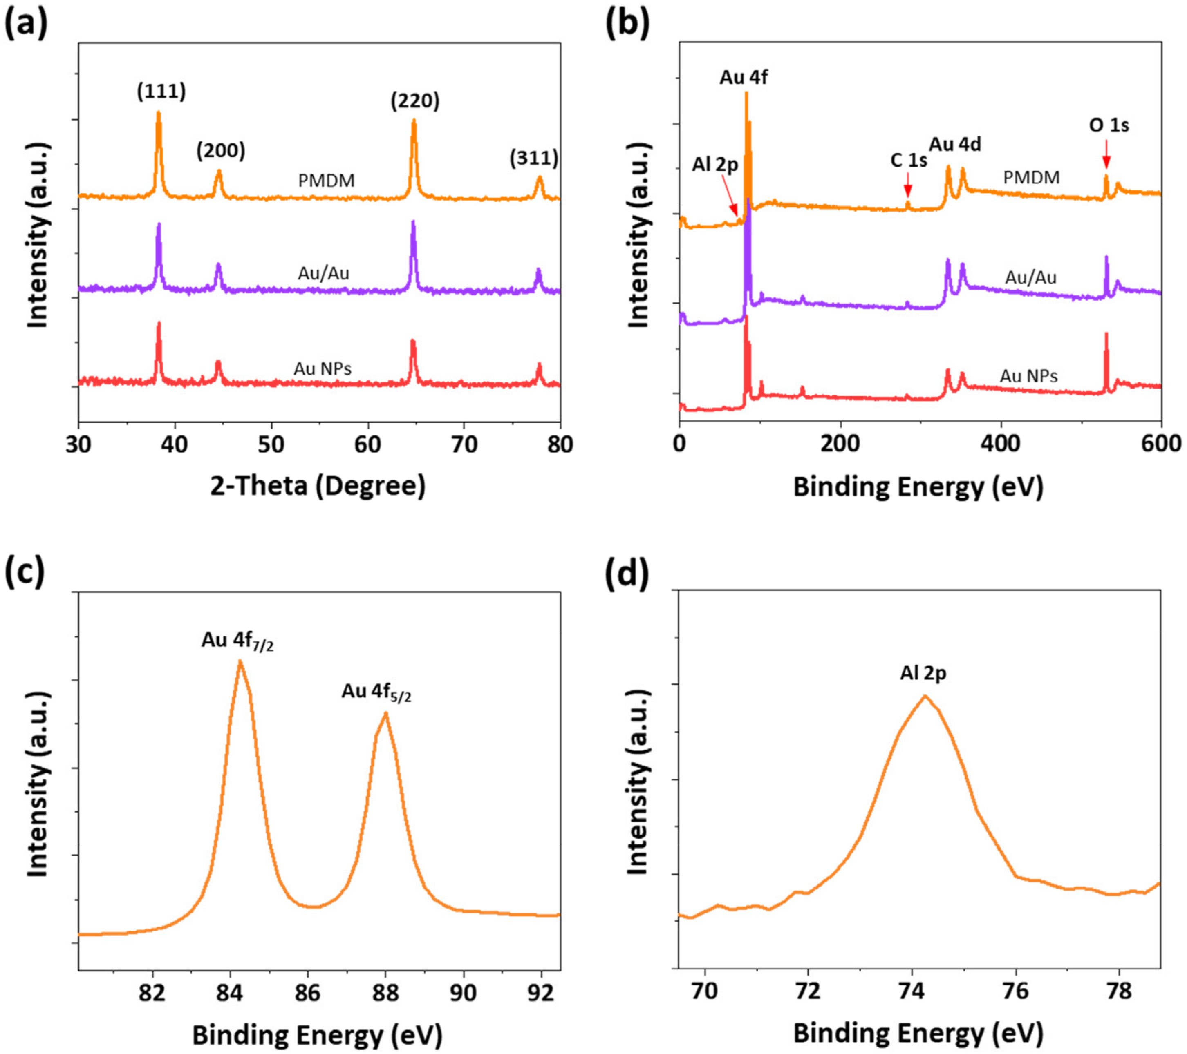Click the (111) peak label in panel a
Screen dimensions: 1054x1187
(x=161, y=92)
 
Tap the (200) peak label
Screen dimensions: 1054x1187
(x=221, y=151)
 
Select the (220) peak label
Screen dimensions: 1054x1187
(x=414, y=101)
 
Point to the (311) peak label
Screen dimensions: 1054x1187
(x=534, y=158)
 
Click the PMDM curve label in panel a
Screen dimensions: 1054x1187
(x=326, y=181)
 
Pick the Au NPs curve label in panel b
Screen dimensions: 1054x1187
(x=1028, y=376)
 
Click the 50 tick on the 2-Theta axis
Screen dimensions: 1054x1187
(x=271, y=444)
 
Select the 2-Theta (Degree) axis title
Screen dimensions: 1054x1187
(x=318, y=486)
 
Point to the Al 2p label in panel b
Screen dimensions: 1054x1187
(x=714, y=165)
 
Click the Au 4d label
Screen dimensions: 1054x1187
(x=955, y=144)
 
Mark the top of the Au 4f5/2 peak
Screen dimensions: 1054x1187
(x=385, y=713)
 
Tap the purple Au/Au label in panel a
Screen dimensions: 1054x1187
(x=323, y=273)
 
